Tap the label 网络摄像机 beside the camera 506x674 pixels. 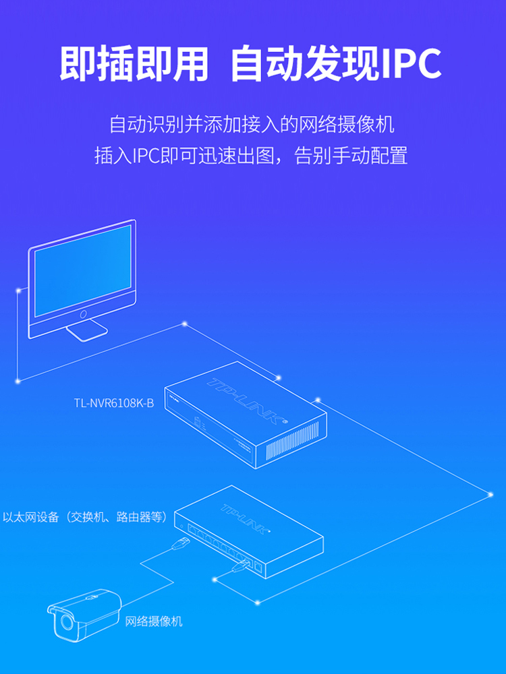tap(154, 621)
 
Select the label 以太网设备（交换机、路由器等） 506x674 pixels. tap(84, 518)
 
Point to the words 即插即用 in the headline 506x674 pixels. tap(134, 65)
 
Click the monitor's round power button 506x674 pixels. tap(84, 314)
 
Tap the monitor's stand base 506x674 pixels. tap(86, 331)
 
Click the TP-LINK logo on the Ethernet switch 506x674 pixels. tap(250, 516)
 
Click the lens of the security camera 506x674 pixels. tap(66, 623)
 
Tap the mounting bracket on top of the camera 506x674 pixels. tap(91, 596)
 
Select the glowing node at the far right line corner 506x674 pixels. tap(490, 494)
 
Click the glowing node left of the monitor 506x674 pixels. tap(18, 291)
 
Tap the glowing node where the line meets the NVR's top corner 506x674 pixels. tap(277, 377)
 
